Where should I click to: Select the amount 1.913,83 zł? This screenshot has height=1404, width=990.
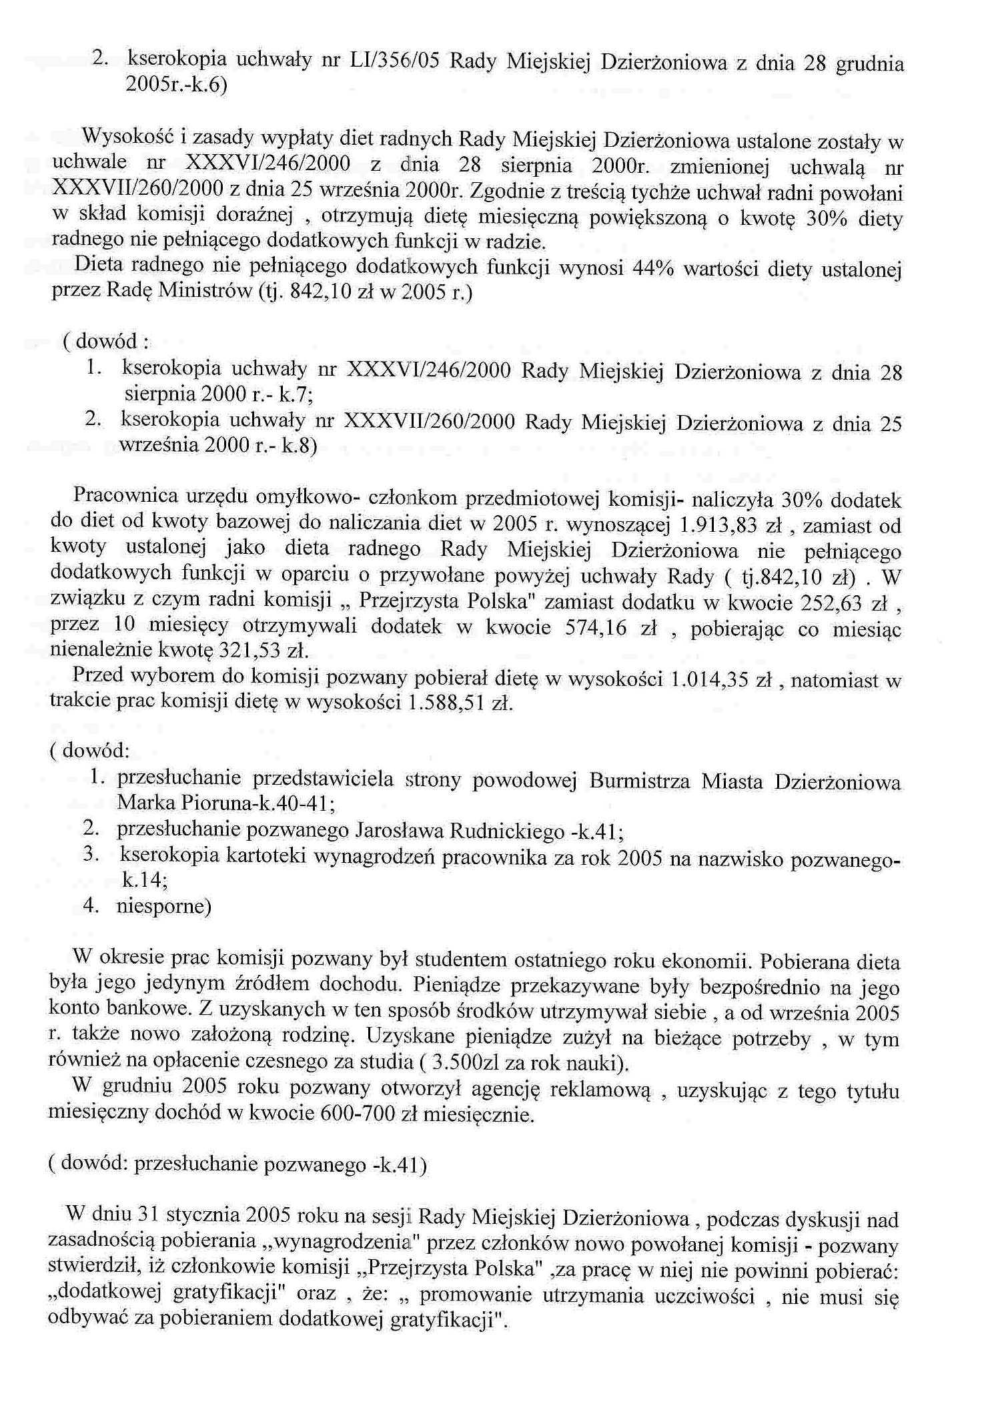(x=730, y=525)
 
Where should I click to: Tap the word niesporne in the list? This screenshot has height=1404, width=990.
(x=164, y=907)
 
